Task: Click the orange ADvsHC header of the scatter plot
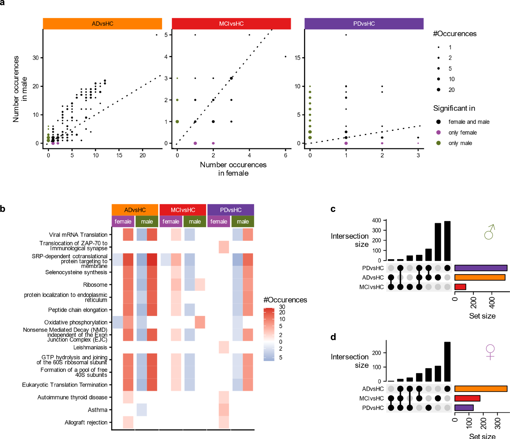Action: click(x=102, y=24)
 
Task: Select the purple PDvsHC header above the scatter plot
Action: click(x=364, y=24)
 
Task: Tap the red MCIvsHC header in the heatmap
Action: click(x=183, y=210)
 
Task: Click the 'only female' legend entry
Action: click(x=462, y=133)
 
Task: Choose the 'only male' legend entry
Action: click(x=460, y=143)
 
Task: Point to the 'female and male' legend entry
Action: click(x=469, y=122)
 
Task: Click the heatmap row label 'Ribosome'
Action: click(x=95, y=285)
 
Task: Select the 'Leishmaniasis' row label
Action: click(x=90, y=347)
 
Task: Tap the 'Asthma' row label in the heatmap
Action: click(x=98, y=410)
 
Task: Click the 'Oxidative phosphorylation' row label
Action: click(x=76, y=322)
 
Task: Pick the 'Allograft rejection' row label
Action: click(x=86, y=422)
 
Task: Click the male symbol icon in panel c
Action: click(x=489, y=232)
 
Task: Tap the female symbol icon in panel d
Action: click(x=490, y=352)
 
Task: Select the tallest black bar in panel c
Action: click(x=447, y=241)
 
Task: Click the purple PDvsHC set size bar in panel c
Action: click(x=481, y=268)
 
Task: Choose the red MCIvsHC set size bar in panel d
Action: click(x=467, y=398)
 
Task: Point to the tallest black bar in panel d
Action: click(x=447, y=362)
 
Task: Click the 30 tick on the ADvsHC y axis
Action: click(x=36, y=58)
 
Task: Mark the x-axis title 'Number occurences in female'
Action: click(x=233, y=169)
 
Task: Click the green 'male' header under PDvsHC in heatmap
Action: click(x=243, y=221)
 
